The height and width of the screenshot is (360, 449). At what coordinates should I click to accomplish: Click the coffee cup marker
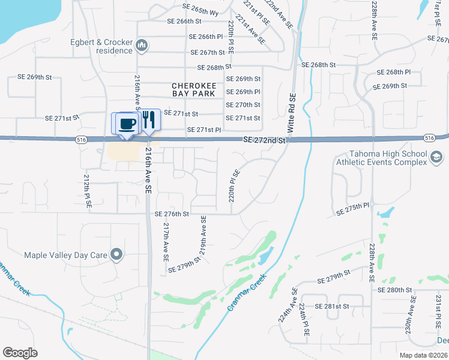[126, 124]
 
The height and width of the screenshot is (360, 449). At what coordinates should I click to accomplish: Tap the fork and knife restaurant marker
[148, 120]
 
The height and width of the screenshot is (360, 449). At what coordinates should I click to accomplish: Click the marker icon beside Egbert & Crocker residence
[142, 45]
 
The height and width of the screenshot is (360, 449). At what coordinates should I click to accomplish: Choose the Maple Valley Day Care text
[65, 255]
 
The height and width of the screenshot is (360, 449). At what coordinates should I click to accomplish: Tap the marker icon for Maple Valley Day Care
[117, 255]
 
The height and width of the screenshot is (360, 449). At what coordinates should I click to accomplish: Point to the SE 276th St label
[172, 214]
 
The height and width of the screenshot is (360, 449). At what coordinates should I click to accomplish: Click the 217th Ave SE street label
[166, 242]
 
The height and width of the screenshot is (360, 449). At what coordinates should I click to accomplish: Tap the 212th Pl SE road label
[88, 191]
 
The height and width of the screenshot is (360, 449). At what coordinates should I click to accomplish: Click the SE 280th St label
[395, 289]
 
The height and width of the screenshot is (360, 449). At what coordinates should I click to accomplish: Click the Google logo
[20, 353]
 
